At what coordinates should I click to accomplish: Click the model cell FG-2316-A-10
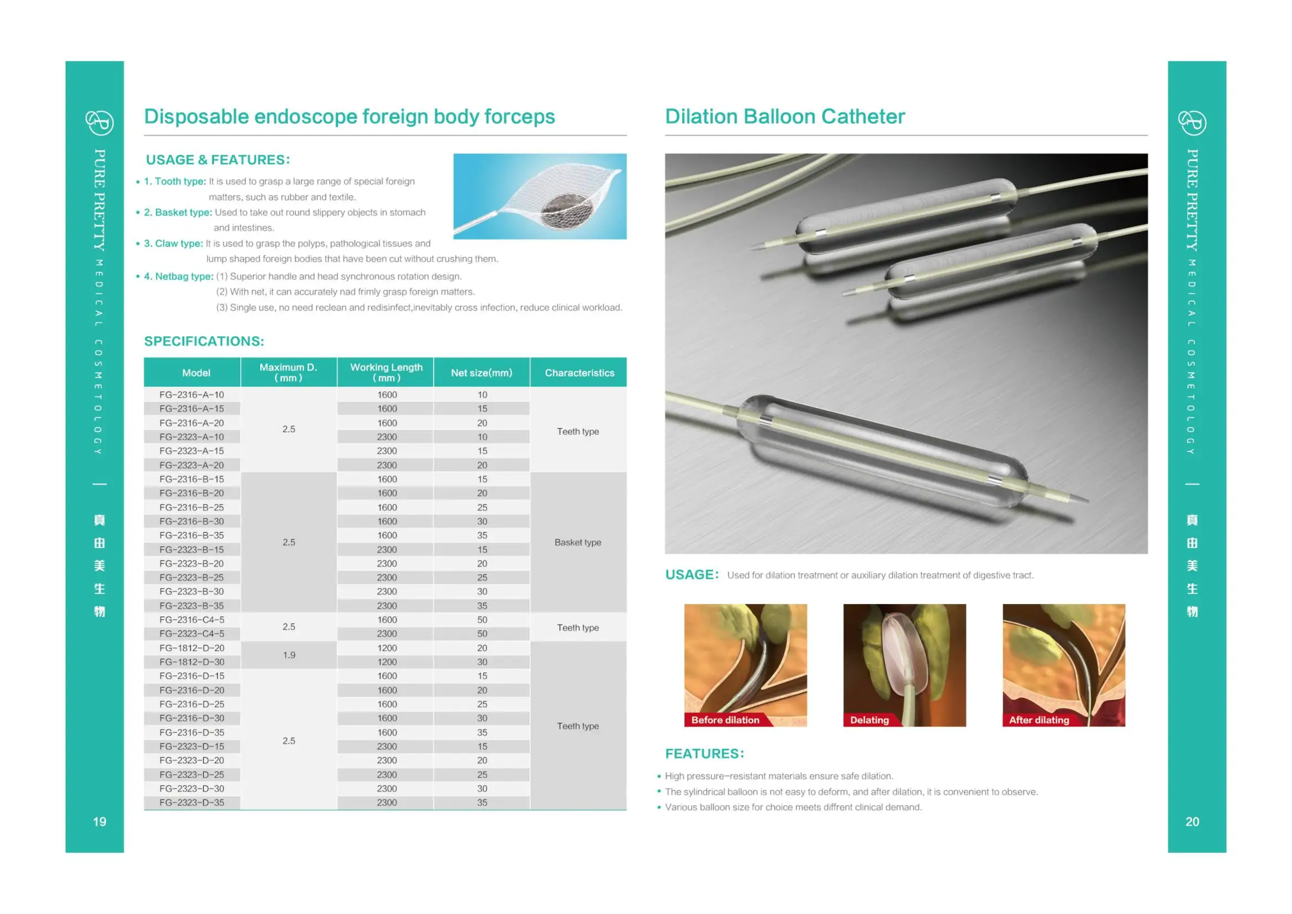point(191,395)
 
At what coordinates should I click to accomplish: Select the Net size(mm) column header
point(482,372)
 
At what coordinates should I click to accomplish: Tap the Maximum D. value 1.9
point(289,655)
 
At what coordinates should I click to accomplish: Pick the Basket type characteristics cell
point(578,542)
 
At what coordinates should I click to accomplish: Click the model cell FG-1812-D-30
point(191,662)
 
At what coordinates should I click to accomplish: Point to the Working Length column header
point(386,372)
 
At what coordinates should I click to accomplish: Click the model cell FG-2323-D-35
point(191,802)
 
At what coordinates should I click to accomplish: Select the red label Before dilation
point(725,720)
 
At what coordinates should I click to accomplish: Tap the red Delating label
point(869,720)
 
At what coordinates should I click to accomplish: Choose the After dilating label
point(1039,720)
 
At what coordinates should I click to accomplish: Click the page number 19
point(99,822)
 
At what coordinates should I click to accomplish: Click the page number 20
point(1192,822)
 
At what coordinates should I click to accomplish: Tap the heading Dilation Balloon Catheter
point(784,117)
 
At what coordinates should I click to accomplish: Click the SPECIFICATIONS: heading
point(204,341)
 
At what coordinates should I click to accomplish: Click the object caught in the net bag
point(567,211)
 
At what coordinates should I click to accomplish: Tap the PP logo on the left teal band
point(99,122)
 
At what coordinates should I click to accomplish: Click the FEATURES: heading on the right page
point(704,754)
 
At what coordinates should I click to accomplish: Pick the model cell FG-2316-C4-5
point(191,619)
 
